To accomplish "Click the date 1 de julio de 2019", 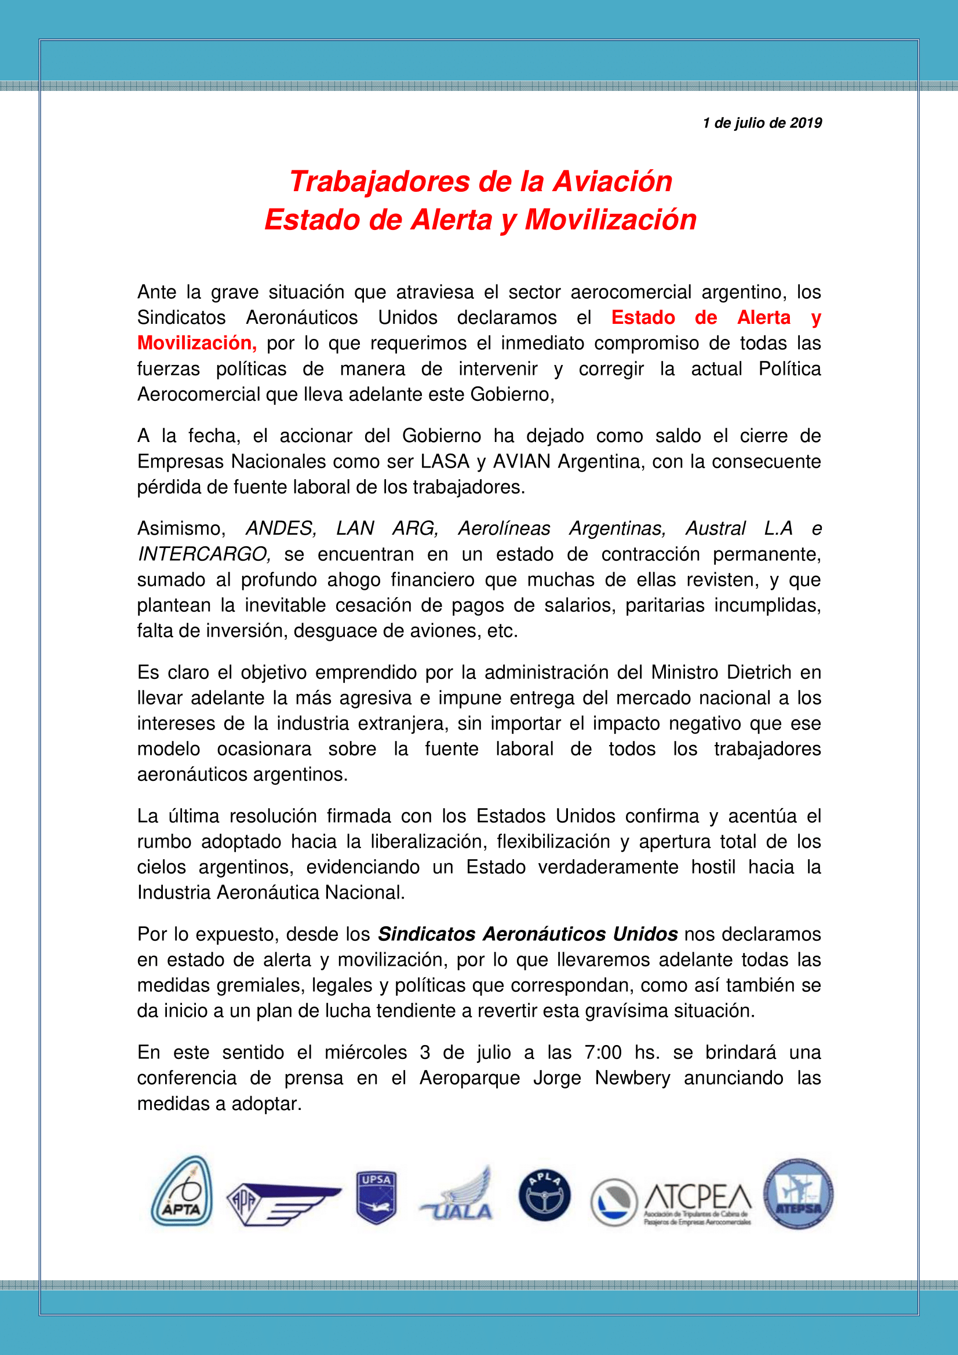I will coord(762,123).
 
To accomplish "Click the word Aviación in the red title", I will coord(612,181).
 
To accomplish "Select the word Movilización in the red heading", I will coord(610,220).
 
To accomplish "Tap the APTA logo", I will coord(181,1192).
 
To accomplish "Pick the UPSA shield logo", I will coord(376,1197).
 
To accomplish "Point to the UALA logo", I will coord(457,1197).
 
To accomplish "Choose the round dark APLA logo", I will coord(544,1195).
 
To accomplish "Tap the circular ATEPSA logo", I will coord(798,1193).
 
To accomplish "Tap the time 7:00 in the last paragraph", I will coord(603,1051).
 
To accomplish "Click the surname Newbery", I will coord(632,1078).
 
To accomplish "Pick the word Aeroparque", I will coord(469,1078).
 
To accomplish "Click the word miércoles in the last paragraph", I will coord(365,1051).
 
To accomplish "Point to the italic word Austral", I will coord(715,528).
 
